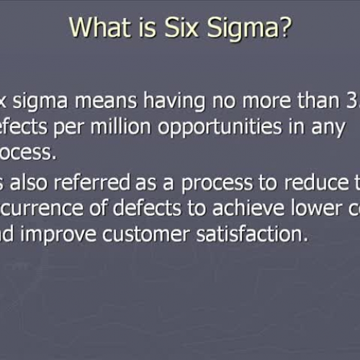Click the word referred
[x=101, y=184]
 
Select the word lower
[x=312, y=209]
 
